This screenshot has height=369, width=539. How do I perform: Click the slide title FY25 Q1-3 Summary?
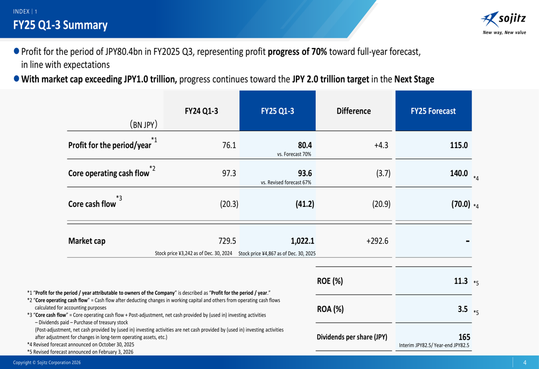pyautogui.click(x=60, y=25)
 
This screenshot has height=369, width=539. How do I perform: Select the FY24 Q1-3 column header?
pyautogui.click(x=201, y=111)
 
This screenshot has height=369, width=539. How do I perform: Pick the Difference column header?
pyautogui.click(x=354, y=111)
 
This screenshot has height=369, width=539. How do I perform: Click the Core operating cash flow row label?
pyautogui.click(x=109, y=173)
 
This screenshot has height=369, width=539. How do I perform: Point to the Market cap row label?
pyautogui.click(x=87, y=241)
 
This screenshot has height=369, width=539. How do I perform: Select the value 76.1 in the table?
pyautogui.click(x=229, y=145)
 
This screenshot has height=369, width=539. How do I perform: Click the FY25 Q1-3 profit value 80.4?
pyautogui.click(x=305, y=145)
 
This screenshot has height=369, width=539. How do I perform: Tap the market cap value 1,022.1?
pyautogui.click(x=302, y=241)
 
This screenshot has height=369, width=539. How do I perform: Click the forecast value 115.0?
pyautogui.click(x=459, y=145)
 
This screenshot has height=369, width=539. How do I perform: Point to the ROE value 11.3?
pyautogui.click(x=460, y=281)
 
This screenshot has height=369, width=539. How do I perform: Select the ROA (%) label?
pyautogui.click(x=330, y=309)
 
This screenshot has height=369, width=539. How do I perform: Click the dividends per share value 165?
pyautogui.click(x=464, y=337)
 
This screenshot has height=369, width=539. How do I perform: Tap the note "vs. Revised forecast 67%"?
pyautogui.click(x=286, y=182)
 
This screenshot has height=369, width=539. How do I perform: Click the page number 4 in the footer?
pyautogui.click(x=524, y=363)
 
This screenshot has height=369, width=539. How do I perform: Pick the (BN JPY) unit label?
pyautogui.click(x=143, y=125)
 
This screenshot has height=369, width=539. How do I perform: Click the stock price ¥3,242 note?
pyautogui.click(x=194, y=253)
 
